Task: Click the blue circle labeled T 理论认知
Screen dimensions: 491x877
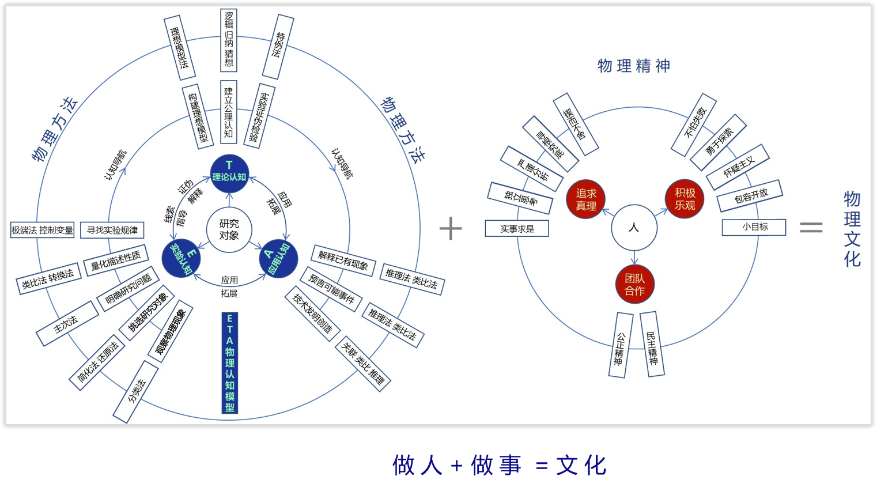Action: [229, 173]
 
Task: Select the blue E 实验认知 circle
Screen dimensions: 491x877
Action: [181, 258]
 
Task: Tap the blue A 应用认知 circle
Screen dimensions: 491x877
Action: [278, 259]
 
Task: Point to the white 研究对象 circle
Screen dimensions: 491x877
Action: [229, 229]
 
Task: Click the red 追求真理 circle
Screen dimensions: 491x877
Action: [586, 199]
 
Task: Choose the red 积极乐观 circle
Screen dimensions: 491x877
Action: [685, 199]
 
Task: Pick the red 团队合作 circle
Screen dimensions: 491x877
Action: [634, 284]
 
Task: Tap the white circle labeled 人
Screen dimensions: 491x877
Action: [634, 228]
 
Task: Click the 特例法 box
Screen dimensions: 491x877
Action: [278, 46]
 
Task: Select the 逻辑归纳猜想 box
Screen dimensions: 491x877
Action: [229, 40]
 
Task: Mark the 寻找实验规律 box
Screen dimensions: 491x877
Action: [112, 230]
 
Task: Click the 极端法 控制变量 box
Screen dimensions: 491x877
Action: [43, 230]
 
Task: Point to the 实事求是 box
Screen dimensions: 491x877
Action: [517, 229]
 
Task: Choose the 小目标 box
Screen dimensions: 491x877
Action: [754, 227]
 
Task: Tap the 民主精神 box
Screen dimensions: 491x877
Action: [652, 344]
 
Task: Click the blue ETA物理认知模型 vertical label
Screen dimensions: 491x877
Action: [229, 363]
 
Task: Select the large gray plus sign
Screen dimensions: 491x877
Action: [451, 228]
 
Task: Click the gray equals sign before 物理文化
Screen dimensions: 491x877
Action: [811, 228]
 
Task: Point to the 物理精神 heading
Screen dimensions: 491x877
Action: [634, 66]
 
